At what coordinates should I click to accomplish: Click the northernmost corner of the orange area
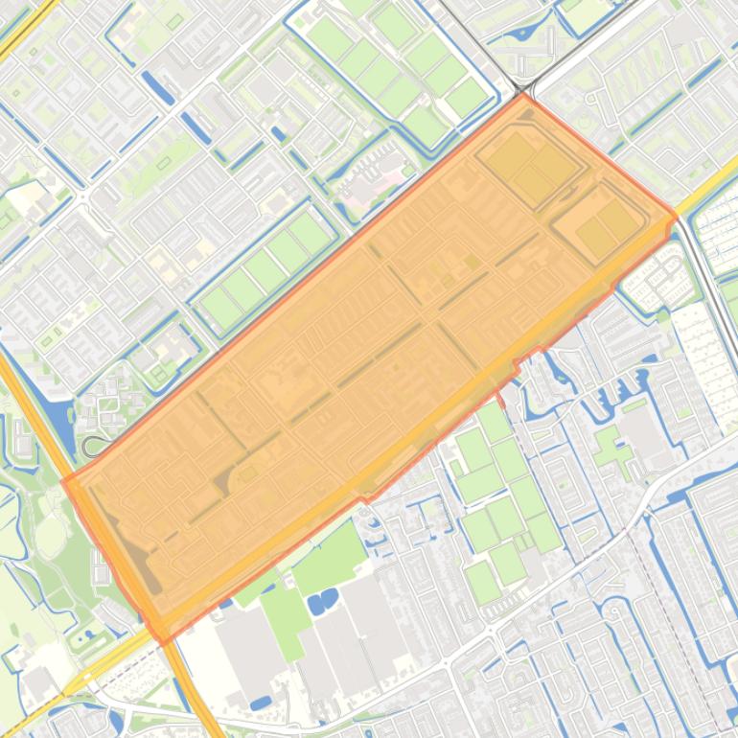522,94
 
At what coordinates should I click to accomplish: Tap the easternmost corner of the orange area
677,217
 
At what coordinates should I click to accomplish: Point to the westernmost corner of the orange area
63,481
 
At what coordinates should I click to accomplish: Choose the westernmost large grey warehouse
247,652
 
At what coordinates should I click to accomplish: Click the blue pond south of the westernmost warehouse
260,704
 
